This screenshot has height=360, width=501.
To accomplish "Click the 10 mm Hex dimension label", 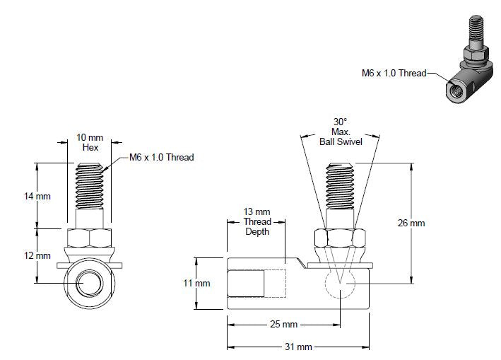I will (x=90, y=142).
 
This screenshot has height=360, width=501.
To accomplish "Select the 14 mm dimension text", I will (x=37, y=196).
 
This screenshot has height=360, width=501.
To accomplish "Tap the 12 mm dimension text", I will (x=37, y=255).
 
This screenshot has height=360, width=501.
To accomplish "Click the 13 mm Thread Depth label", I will (x=257, y=221).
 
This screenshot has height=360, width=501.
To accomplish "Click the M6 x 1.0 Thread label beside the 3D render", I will (x=394, y=72).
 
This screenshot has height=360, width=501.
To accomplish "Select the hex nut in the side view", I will (x=341, y=238).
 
